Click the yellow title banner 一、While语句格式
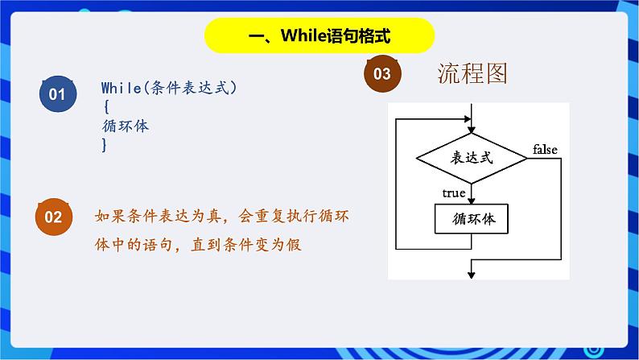[x=319, y=35]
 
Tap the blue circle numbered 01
[x=58, y=93]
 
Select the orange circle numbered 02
[x=54, y=217]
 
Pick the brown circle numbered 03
[x=382, y=74]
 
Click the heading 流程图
[x=472, y=73]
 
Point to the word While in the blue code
[x=121, y=88]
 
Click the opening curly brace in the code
[x=106, y=107]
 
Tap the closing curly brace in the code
[x=105, y=145]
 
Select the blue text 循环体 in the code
[x=126, y=126]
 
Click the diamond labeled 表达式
[x=472, y=158]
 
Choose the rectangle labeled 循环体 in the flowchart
[x=472, y=219]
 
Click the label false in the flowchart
[x=545, y=150]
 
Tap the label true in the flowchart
[x=454, y=192]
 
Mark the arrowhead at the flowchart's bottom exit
[x=472, y=275]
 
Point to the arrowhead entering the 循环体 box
[x=472, y=201]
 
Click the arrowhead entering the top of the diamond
[x=472, y=130]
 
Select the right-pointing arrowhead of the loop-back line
[x=467, y=119]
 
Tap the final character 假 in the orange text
[x=294, y=245]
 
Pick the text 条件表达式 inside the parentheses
[x=190, y=88]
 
